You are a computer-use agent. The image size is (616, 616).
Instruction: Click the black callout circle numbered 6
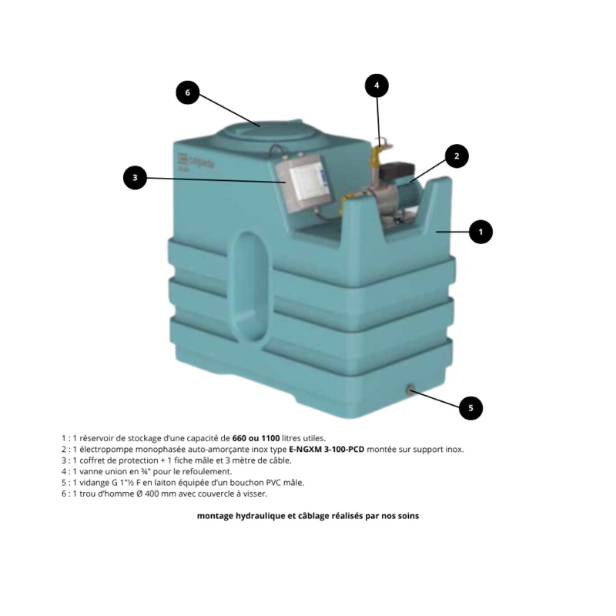pos(187,92)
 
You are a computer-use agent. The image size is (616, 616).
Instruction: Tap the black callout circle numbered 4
pos(377,85)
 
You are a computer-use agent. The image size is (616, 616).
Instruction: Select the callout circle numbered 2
pos(457,156)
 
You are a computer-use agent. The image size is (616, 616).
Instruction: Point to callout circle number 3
pos(135,178)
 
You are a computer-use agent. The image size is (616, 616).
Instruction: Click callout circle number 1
pos(480,232)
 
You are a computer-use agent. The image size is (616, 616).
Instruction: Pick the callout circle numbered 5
pos(470,408)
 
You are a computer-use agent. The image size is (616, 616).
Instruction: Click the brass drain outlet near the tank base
pos(410,390)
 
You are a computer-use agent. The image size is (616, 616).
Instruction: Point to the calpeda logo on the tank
pos(196,161)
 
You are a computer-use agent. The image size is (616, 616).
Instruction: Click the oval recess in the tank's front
pos(251,285)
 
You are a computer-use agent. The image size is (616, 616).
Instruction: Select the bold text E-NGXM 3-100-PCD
pos(326,449)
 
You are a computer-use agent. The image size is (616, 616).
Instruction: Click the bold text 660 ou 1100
pos(256,438)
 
